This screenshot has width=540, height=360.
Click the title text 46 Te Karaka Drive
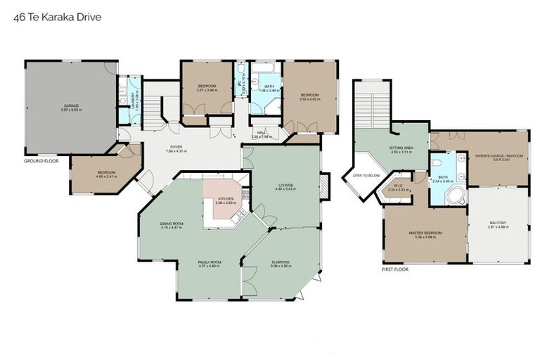57,16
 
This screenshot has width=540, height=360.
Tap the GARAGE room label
71,105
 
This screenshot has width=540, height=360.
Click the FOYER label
175,148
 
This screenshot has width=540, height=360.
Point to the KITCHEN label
225,199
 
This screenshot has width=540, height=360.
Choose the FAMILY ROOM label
210,262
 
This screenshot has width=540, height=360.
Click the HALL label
261,131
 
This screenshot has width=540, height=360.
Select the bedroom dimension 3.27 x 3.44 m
207,90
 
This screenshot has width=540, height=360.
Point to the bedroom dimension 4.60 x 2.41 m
106,176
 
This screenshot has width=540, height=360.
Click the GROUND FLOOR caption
41,160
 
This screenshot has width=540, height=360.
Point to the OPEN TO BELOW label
366,176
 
